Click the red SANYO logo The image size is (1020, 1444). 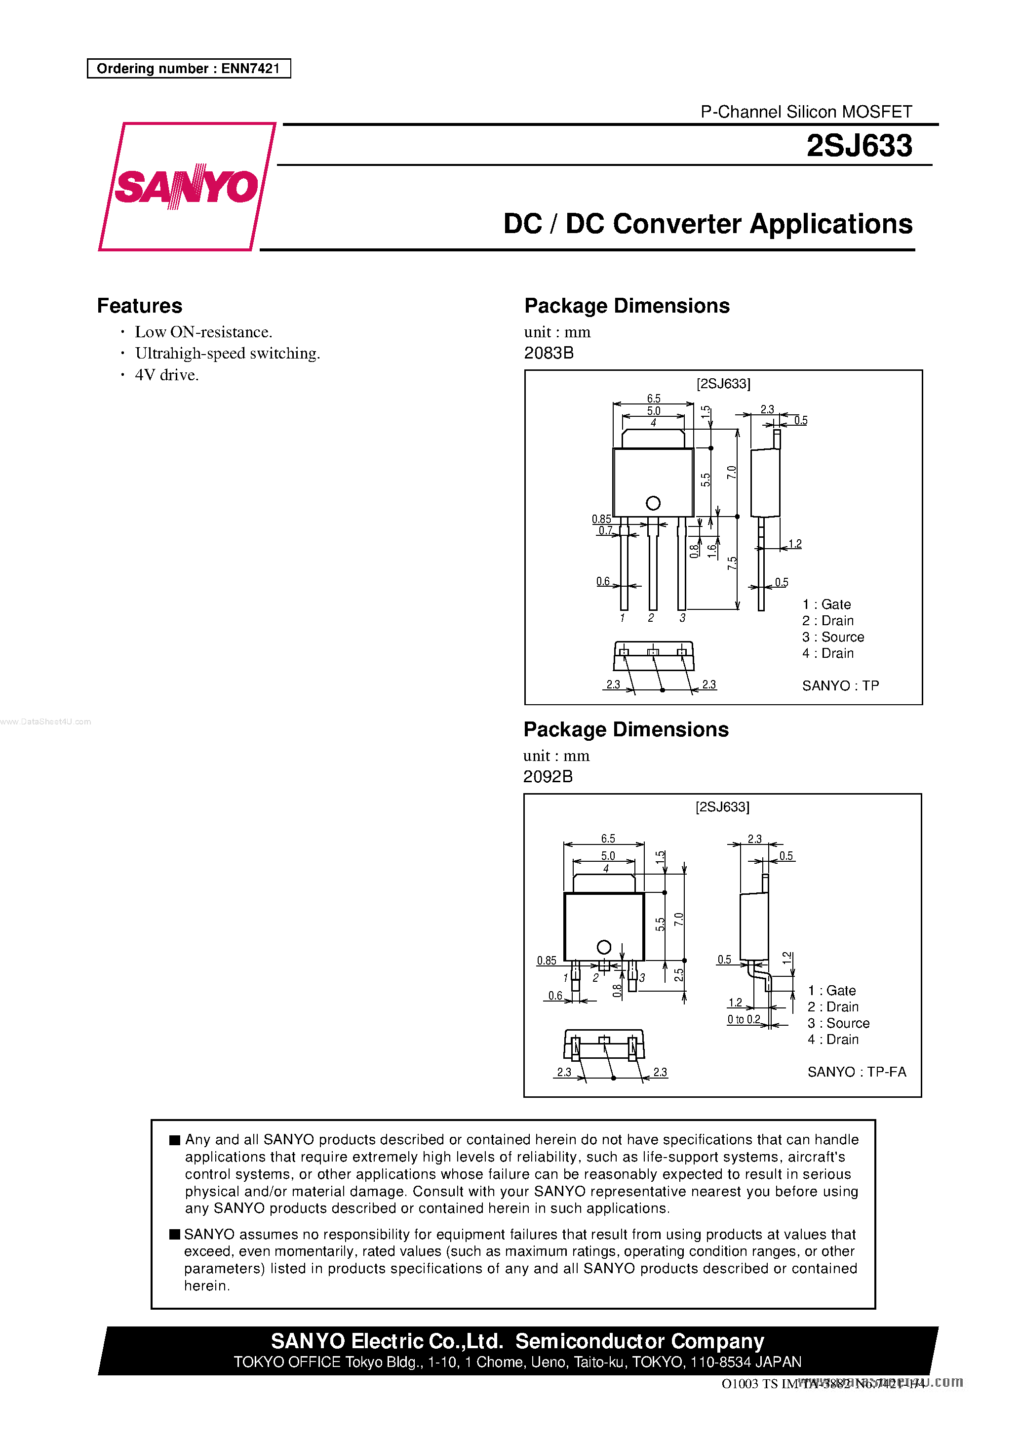[186, 187]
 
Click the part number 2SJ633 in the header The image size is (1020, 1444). [859, 146]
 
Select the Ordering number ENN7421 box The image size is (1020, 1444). [189, 69]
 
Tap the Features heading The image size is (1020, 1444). [140, 306]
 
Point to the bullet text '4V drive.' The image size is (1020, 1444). [167, 375]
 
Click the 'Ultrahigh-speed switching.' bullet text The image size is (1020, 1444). [228, 354]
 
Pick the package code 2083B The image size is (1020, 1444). [549, 353]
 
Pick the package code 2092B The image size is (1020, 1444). [548, 777]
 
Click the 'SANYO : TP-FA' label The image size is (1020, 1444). [857, 1072]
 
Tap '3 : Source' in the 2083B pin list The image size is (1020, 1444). [833, 637]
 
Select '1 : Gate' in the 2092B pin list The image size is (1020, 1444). [832, 991]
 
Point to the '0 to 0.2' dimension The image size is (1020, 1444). [744, 1019]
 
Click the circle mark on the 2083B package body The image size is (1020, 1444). [653, 503]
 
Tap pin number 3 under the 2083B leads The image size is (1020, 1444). [682, 618]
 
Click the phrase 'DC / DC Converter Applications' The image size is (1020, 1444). [707, 224]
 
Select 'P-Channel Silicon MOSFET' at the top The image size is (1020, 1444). [806, 112]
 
